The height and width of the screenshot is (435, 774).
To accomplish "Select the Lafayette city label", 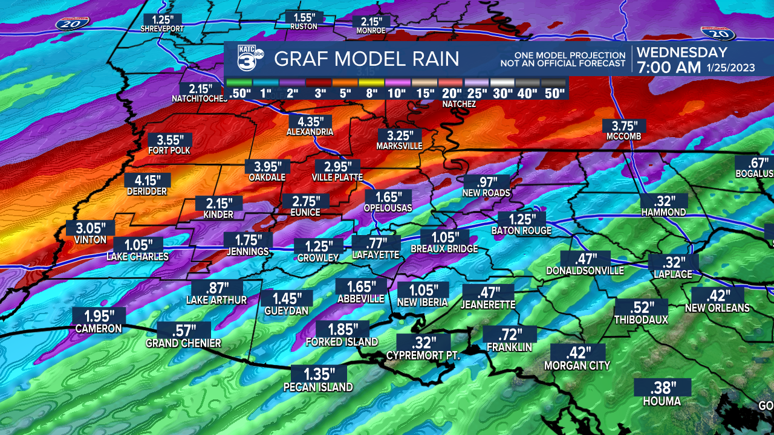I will tap(376, 256).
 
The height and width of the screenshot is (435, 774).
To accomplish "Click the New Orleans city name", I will tap(717, 308).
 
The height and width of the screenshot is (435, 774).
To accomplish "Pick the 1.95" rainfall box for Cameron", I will tap(99, 316).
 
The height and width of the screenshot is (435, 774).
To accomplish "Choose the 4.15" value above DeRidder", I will tap(148, 180).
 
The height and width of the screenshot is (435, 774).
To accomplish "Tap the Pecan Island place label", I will tap(318, 387).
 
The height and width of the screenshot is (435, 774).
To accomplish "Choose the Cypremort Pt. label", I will tap(423, 356).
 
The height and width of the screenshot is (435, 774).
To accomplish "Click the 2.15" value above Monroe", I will tap(371, 20).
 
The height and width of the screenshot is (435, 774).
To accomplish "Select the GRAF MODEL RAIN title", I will tap(366, 59).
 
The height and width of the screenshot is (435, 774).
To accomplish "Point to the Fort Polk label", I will tap(169, 150).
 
